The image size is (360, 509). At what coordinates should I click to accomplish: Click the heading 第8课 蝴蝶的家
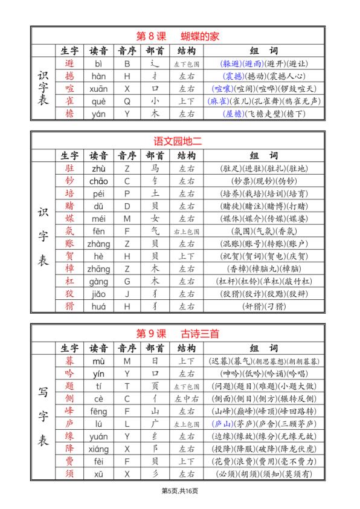tap(176, 36)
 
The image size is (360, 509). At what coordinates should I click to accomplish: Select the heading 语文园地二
tap(176, 141)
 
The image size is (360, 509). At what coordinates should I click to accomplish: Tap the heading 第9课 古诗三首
tap(176, 333)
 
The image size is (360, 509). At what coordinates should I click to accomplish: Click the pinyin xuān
tap(98, 88)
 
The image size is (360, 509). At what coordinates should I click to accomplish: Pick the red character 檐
tap(69, 114)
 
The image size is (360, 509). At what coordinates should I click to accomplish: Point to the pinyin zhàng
tap(98, 244)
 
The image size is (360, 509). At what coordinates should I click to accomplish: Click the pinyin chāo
tap(98, 181)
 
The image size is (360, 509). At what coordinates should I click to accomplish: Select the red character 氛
tap(69, 231)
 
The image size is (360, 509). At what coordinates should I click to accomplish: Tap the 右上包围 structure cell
tap(187, 231)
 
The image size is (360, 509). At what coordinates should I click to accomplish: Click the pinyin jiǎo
tap(98, 294)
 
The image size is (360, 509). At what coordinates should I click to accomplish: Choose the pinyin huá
tap(98, 306)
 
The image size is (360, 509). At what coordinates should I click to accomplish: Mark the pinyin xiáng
tap(98, 449)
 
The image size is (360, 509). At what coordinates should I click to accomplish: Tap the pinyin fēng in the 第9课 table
tap(98, 411)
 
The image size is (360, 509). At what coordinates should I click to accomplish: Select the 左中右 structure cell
tap(187, 398)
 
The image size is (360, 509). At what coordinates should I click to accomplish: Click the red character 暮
tap(69, 361)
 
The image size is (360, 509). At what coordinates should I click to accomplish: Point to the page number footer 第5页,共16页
tap(179, 490)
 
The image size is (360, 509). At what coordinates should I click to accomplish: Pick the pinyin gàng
tap(98, 281)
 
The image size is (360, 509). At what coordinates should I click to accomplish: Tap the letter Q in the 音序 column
tap(127, 101)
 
